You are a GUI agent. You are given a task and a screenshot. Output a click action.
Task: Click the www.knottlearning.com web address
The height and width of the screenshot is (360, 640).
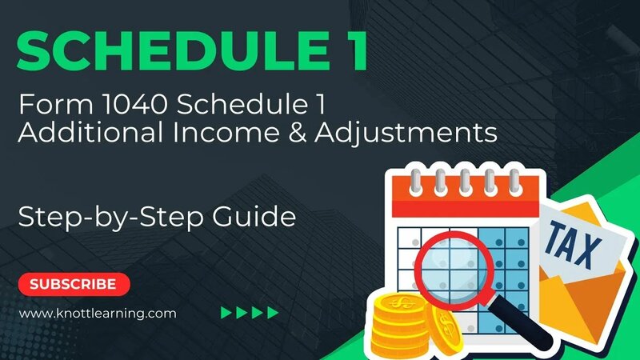coord(97,314)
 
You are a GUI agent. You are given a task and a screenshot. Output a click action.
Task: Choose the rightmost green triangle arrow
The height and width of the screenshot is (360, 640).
coord(274,313)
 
